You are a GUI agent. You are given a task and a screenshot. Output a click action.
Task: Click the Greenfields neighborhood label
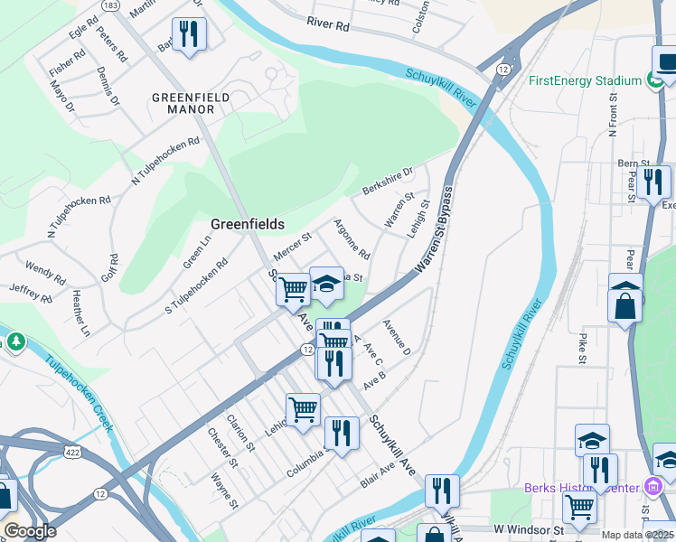point(248,224)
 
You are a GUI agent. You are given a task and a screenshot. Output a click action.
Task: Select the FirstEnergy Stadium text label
point(585,80)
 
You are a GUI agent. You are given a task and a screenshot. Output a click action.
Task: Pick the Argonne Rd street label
point(352,238)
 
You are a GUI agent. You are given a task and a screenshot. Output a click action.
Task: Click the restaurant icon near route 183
point(189,34)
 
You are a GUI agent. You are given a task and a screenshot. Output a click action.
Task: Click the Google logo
point(30,530)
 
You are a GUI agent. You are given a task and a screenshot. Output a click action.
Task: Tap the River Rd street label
point(327,24)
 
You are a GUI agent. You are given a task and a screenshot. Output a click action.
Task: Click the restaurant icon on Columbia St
point(341,434)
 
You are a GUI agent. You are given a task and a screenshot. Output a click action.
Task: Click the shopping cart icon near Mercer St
point(293,290)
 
